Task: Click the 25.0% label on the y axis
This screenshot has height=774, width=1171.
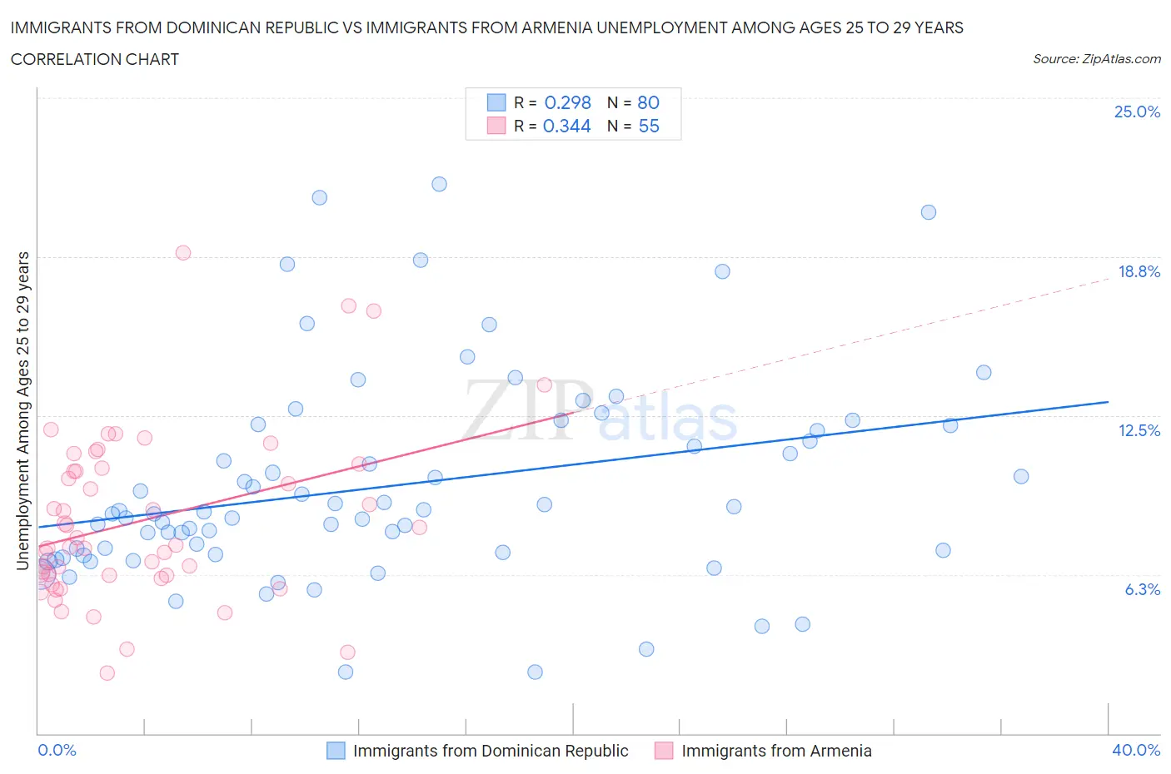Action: (1137, 112)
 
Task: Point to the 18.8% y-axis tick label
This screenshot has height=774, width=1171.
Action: (1139, 271)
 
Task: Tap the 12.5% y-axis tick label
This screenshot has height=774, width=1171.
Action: (1139, 430)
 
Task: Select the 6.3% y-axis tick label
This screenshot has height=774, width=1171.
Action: (1142, 589)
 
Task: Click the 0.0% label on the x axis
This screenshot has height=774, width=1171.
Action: (57, 750)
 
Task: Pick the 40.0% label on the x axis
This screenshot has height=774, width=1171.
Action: (1136, 750)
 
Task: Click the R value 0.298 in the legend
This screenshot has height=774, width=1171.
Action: (567, 102)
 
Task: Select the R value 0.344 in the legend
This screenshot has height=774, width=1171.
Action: (566, 126)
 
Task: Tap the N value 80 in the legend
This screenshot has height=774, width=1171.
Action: (648, 102)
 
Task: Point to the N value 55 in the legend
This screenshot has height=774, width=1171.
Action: (648, 126)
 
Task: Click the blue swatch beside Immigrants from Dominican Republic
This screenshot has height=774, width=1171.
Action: (336, 751)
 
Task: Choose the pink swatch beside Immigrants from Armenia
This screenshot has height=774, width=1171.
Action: (664, 751)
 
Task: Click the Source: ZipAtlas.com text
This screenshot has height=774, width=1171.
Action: (1096, 59)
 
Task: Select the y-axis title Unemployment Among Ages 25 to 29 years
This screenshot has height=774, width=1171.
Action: (23, 411)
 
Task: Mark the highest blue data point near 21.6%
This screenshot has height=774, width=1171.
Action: (439, 184)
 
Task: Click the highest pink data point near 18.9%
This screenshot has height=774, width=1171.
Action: (183, 253)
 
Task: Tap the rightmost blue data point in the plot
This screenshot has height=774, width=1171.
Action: (1021, 477)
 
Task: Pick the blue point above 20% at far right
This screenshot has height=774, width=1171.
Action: (929, 212)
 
